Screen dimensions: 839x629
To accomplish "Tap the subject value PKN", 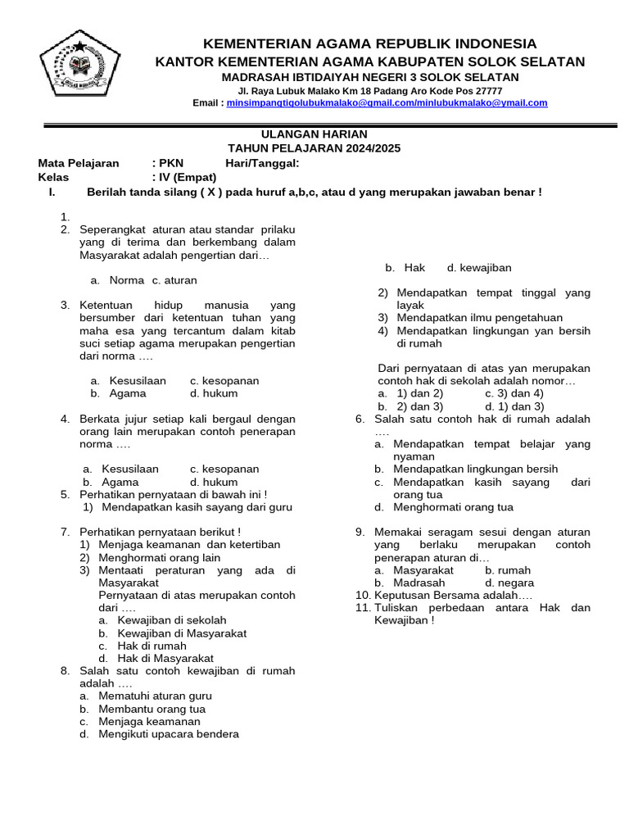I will click(x=171, y=163).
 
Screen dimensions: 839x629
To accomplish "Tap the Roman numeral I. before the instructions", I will click(x=52, y=192).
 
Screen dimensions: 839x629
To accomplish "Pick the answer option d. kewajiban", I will click(x=479, y=268).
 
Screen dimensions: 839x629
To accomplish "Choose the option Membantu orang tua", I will click(x=152, y=709).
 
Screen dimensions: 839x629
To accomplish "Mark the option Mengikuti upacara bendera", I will click(x=169, y=734).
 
